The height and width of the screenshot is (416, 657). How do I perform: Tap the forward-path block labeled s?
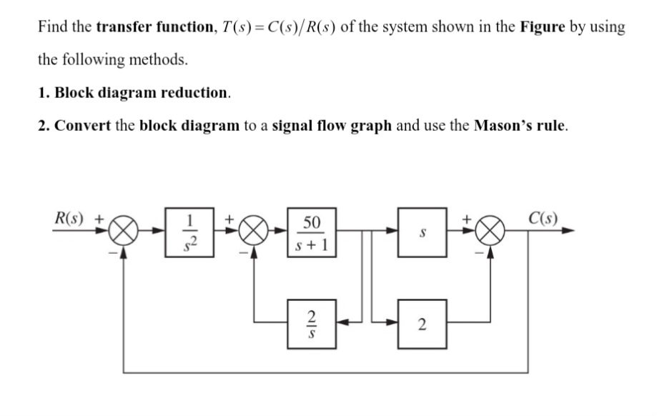(x=421, y=232)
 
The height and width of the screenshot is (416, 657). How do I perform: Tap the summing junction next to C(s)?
(x=489, y=232)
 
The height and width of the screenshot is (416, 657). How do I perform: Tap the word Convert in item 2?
(x=82, y=126)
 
